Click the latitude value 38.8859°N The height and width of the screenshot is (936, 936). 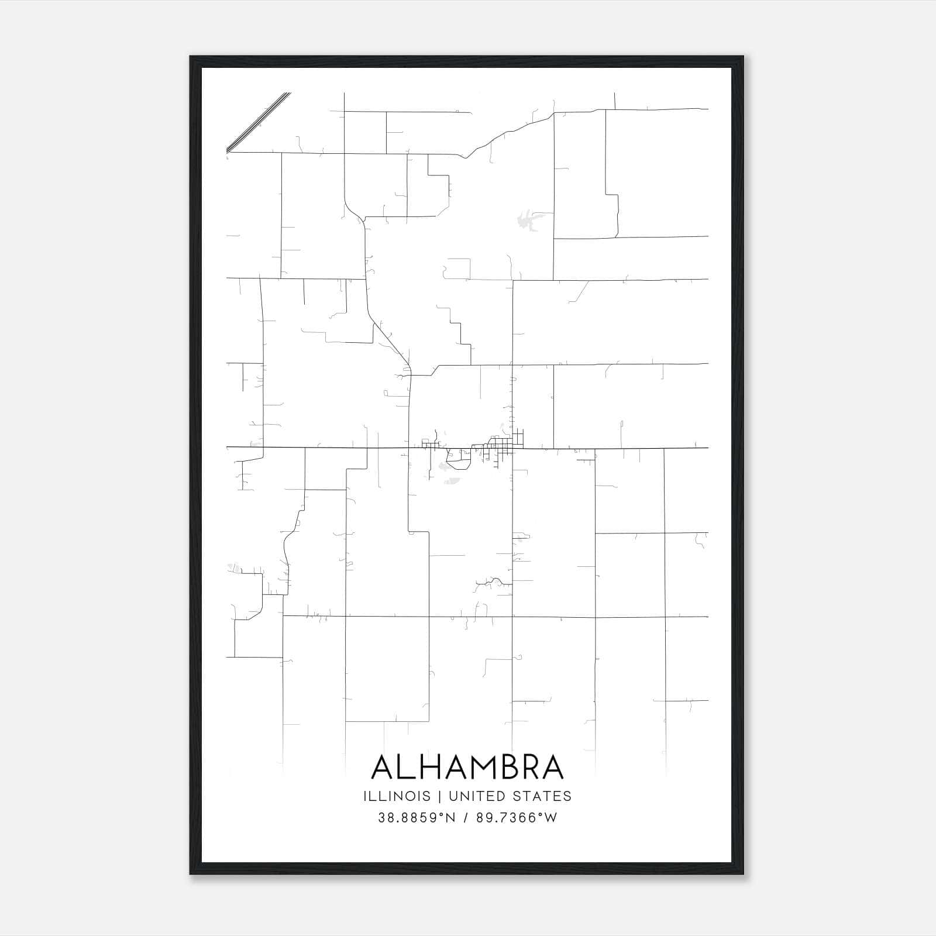417,818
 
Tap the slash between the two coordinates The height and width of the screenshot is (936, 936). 466,818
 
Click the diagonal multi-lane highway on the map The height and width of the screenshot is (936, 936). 259,122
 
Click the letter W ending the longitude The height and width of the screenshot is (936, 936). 551,818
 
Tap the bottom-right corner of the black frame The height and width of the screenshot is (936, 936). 743,874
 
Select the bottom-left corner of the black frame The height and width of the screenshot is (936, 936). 191,874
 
